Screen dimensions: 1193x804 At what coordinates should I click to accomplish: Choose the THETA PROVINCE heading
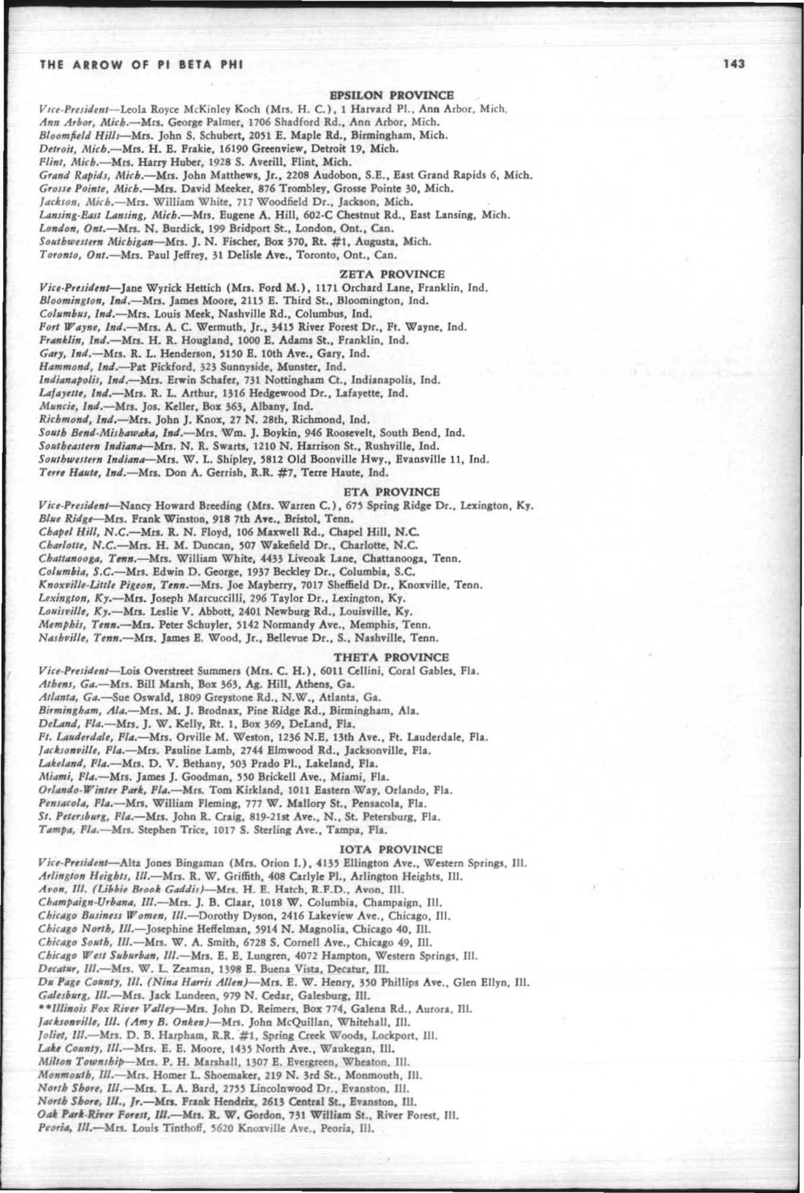click(x=391, y=656)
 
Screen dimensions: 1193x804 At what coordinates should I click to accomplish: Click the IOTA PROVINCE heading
click(x=391, y=849)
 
